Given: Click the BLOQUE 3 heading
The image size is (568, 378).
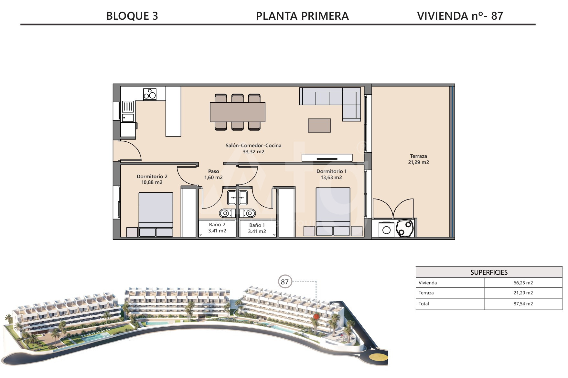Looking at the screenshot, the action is pyautogui.click(x=132, y=16).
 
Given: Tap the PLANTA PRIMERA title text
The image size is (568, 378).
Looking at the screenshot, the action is pyautogui.click(x=302, y=16).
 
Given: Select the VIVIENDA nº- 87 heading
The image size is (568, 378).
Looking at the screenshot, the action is pyautogui.click(x=460, y=16).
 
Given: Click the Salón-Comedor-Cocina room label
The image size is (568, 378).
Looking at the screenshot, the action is pyautogui.click(x=253, y=146).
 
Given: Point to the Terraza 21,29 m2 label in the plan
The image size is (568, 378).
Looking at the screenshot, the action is pyautogui.click(x=418, y=159).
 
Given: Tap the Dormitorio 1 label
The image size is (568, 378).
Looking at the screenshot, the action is pyautogui.click(x=331, y=171).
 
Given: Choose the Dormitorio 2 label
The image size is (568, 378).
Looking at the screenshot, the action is pyautogui.click(x=152, y=177).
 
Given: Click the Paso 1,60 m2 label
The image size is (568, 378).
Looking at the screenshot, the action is pyautogui.click(x=213, y=174).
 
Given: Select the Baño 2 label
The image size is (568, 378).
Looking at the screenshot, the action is pyautogui.click(x=217, y=225).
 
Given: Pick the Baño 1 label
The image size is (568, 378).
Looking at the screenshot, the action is pyautogui.click(x=257, y=225).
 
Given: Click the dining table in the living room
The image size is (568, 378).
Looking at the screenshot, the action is pyautogui.click(x=238, y=112).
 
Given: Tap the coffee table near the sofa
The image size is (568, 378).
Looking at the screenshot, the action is pyautogui.click(x=319, y=126).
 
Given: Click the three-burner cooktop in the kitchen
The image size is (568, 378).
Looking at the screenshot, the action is pyautogui.click(x=150, y=94).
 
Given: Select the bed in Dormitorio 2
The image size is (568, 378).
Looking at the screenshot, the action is pyautogui.click(x=156, y=215).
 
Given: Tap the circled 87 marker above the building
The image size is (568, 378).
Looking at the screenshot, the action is pyautogui.click(x=285, y=282).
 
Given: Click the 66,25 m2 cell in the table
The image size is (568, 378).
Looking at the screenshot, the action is pyautogui.click(x=523, y=283).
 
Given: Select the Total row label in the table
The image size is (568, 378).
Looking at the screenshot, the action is pyautogui.click(x=424, y=304).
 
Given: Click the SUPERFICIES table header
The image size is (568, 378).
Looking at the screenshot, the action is pyautogui.click(x=489, y=272).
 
